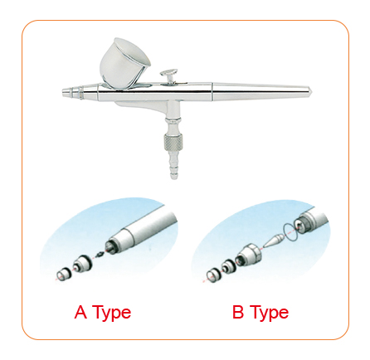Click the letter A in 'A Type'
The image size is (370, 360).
(x=80, y=313)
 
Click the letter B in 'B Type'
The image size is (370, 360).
(x=238, y=313)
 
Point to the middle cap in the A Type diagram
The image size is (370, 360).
(x=81, y=265)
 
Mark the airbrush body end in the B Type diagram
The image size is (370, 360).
(x=313, y=221)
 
